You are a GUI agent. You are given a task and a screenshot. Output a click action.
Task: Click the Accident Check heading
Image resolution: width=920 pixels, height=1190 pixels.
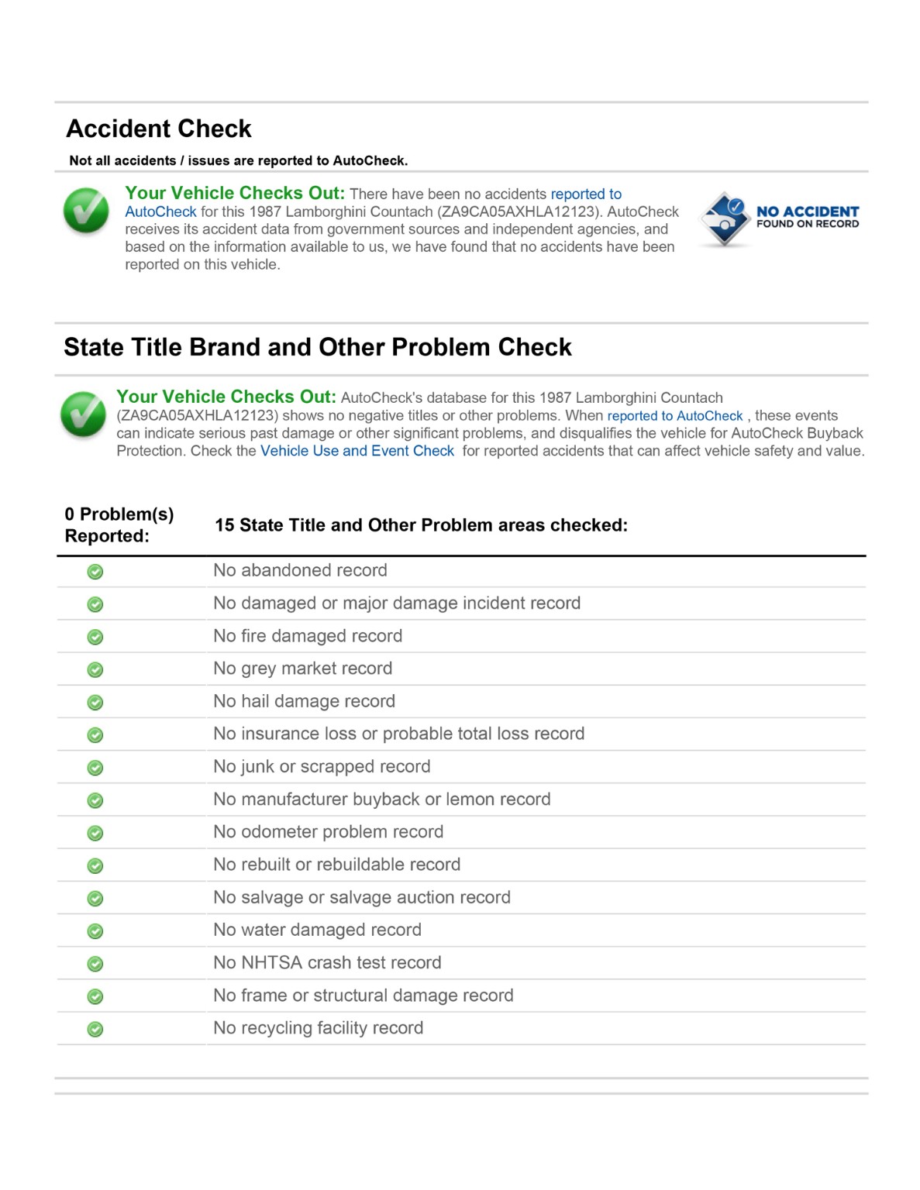[159, 129]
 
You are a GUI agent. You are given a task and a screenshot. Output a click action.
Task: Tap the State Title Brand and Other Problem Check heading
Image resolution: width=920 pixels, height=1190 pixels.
[317, 347]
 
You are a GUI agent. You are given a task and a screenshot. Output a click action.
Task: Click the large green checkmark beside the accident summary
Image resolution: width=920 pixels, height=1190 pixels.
[86, 211]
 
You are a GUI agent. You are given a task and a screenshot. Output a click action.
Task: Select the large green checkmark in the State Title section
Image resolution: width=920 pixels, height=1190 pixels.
[83, 414]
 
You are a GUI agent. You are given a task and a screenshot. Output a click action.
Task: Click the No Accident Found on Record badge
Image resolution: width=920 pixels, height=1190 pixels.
[778, 218]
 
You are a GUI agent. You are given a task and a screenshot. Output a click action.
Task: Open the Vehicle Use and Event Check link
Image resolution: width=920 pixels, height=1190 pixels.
[357, 451]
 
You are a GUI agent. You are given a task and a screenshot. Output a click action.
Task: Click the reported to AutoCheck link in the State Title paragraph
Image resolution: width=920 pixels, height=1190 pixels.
[674, 416]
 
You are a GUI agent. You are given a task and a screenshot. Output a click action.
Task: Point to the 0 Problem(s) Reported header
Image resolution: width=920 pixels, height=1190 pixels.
[119, 525]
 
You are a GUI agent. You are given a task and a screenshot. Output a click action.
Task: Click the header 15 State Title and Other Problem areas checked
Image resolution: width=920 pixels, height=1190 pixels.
[421, 525]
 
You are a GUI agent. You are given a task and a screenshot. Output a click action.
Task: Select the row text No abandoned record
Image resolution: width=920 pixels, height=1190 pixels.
[300, 570]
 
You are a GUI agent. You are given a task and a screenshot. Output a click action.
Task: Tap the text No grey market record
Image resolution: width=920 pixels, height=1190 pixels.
[302, 669]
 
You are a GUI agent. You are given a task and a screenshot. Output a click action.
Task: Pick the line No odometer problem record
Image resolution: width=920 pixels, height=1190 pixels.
[328, 832]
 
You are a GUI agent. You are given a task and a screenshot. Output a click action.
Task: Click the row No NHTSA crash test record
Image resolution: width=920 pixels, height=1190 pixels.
[327, 963]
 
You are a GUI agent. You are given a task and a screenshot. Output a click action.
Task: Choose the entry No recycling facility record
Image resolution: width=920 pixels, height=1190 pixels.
[318, 1028]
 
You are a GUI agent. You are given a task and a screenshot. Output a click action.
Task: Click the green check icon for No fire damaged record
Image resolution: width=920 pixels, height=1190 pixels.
[95, 637]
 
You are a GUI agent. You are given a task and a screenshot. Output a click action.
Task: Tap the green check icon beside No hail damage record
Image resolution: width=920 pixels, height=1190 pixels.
[95, 703]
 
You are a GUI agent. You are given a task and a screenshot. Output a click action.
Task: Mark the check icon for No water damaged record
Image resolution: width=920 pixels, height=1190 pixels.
[95, 931]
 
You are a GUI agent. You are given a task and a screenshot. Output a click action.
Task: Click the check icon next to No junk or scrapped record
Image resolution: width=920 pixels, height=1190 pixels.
[95, 768]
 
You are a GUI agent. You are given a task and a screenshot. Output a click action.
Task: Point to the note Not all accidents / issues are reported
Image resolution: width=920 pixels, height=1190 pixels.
[238, 161]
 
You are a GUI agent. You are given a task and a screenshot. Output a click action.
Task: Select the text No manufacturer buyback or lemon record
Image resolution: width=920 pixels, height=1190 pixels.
[381, 800]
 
